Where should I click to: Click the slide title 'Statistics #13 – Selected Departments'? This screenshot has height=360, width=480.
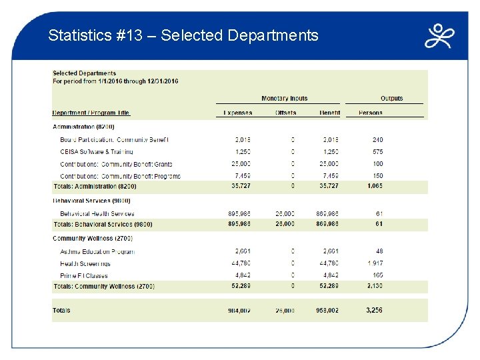click(x=183, y=35)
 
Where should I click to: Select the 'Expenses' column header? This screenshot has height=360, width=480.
click(x=237, y=113)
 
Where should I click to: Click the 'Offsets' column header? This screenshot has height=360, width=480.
click(x=285, y=113)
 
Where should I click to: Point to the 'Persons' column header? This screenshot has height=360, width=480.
click(x=371, y=113)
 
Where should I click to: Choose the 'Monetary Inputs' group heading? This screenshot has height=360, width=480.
click(x=285, y=99)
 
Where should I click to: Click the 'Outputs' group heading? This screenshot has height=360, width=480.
click(x=391, y=99)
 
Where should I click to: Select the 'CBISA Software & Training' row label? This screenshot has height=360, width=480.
click(x=96, y=152)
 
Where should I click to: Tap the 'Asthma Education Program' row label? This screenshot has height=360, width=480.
click(x=97, y=252)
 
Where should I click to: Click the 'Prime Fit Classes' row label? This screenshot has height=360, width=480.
click(x=84, y=275)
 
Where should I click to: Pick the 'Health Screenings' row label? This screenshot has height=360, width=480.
click(x=85, y=263)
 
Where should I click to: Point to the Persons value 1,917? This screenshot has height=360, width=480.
click(x=375, y=263)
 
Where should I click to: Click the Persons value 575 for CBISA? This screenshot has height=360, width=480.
click(x=377, y=152)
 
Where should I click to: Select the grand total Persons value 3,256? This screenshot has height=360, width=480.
click(x=374, y=310)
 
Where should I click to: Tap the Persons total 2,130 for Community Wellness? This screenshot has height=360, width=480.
click(x=374, y=286)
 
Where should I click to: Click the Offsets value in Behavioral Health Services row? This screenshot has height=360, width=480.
click(x=285, y=213)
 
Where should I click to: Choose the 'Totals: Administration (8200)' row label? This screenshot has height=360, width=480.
click(x=94, y=187)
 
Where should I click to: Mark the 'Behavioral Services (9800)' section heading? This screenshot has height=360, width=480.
click(x=91, y=201)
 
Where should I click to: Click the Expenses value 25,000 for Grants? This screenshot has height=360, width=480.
click(x=242, y=164)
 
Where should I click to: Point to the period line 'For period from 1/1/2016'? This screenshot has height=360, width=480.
click(x=115, y=81)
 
